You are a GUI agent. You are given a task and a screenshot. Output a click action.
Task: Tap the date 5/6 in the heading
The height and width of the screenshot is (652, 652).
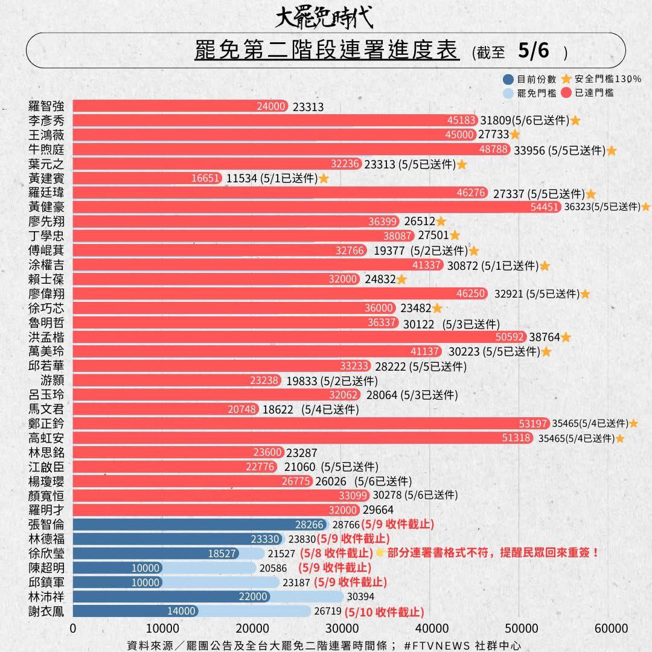(534, 51)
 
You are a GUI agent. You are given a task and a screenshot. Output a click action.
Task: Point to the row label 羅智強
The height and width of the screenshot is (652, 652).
(46, 106)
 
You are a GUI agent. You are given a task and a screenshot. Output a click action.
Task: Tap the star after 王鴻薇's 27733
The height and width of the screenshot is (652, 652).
(515, 135)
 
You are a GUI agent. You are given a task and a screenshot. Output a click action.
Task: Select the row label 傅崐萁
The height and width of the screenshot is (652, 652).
(46, 251)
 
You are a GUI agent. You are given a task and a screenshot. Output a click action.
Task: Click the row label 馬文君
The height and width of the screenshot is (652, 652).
(46, 409)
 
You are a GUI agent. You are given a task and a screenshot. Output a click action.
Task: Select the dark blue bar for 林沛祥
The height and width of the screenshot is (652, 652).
(169, 596)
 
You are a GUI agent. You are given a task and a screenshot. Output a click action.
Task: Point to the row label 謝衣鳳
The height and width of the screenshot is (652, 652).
(46, 611)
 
